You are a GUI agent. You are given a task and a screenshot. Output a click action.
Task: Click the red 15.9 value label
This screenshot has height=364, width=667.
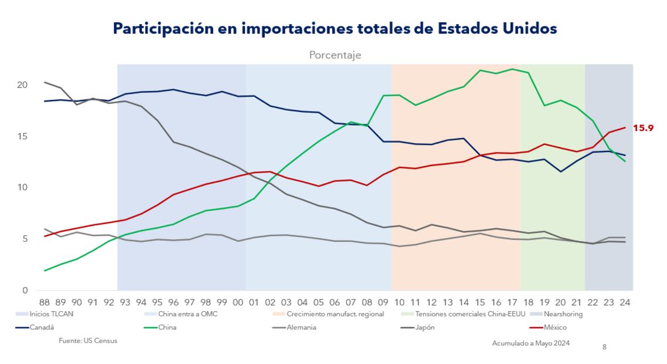pos(643,127)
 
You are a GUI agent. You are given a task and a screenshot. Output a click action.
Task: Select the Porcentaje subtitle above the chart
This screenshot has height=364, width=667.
pos(335,55)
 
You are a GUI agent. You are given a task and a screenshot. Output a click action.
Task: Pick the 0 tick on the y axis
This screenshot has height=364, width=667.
pos(25,291)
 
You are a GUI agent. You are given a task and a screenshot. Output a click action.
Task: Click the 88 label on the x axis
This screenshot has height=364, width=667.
pos(44,303)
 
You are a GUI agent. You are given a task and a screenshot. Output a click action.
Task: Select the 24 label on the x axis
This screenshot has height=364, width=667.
pos(625,303)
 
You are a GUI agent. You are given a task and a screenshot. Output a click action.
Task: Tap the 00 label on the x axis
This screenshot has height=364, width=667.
pos(238,303)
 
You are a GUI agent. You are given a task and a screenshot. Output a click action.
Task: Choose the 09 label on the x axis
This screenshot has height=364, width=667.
pos(383,303)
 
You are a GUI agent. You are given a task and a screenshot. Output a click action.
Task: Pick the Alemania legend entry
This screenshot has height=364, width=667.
pos(298,327)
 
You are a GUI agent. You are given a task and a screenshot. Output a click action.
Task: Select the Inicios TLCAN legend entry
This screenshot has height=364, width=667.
pos(52,314)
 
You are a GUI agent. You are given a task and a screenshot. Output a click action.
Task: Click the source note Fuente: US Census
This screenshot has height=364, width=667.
pos(87,341)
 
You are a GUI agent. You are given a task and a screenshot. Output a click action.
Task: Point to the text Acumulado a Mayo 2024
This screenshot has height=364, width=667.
pos(530,343)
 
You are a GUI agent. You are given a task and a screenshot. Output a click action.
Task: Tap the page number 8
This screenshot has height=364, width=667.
pos(604,347)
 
